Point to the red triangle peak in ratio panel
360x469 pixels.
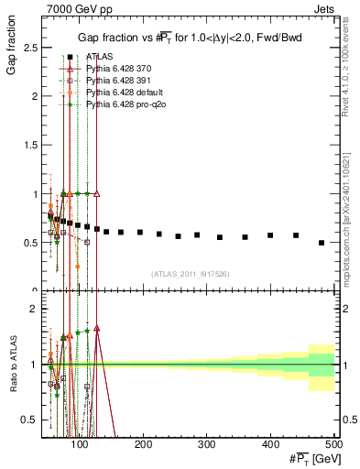tap(96, 328)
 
